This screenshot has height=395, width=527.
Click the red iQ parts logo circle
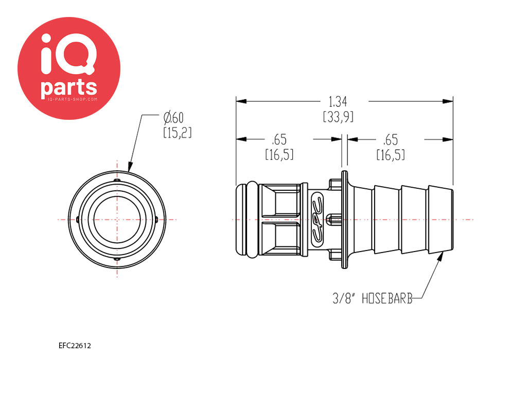click(69, 68)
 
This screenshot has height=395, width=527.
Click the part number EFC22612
click(75, 346)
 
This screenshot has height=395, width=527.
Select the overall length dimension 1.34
click(338, 101)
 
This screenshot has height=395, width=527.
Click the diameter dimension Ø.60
click(173, 118)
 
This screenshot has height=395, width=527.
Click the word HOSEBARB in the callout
click(387, 298)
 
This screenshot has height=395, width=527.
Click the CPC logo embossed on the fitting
click(317, 220)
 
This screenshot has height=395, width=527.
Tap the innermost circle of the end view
click(117, 220)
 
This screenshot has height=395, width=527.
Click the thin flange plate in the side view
click(344, 220)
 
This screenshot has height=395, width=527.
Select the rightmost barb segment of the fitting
click(441, 220)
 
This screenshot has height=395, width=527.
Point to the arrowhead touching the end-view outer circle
click(130, 167)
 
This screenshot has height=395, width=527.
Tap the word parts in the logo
click(69, 87)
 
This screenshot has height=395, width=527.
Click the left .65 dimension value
click(279, 139)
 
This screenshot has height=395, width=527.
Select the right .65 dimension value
click(390, 139)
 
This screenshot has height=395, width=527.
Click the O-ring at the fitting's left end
click(253, 220)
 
